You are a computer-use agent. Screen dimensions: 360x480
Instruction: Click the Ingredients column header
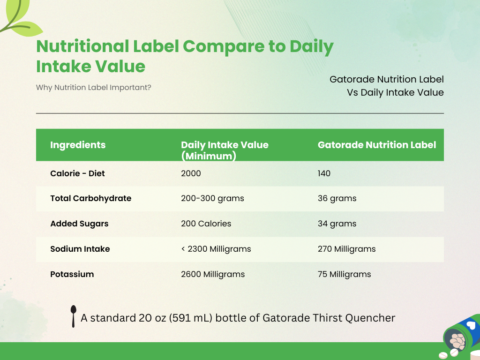[x=78, y=145]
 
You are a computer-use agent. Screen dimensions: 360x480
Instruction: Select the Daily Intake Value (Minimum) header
[x=225, y=150]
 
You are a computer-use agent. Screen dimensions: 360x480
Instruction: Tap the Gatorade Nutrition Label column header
[x=377, y=145]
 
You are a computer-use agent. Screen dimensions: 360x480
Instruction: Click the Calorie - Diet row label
[x=77, y=173]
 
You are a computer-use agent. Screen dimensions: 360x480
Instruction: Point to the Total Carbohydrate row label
[x=90, y=198]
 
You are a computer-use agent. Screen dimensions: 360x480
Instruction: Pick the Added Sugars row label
[x=79, y=224]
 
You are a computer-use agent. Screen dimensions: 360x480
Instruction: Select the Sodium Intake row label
[x=80, y=249]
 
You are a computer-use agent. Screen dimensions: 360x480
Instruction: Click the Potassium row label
[x=72, y=274]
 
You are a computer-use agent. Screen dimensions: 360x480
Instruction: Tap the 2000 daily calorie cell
[x=191, y=173]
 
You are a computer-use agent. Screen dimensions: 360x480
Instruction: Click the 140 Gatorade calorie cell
[x=324, y=173]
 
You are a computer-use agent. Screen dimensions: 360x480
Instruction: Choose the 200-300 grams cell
[x=212, y=198]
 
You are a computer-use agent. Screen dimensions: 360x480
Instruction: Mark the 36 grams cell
[x=337, y=198]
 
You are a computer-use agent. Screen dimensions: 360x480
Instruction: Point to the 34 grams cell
[x=337, y=224]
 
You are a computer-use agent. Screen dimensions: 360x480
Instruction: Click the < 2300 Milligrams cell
[x=216, y=249]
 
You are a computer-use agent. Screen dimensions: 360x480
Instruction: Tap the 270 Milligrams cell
[x=346, y=249]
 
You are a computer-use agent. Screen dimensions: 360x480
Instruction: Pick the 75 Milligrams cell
[x=344, y=274]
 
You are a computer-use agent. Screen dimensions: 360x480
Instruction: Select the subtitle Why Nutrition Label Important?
[x=93, y=87]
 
